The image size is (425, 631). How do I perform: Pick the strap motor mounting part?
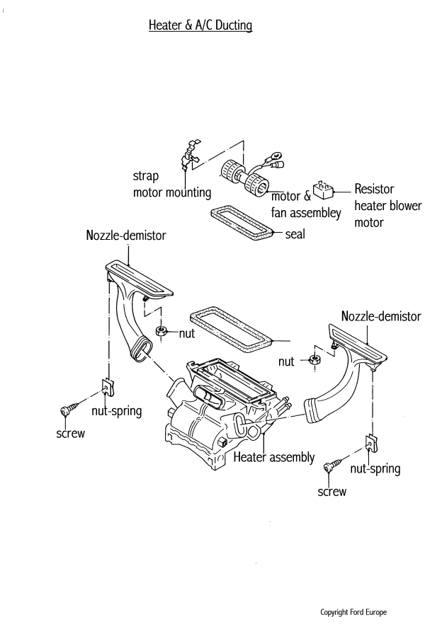pos(188,156)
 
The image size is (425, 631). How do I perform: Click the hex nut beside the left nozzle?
pos(161,330)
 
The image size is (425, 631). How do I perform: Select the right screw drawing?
pos(329,468)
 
